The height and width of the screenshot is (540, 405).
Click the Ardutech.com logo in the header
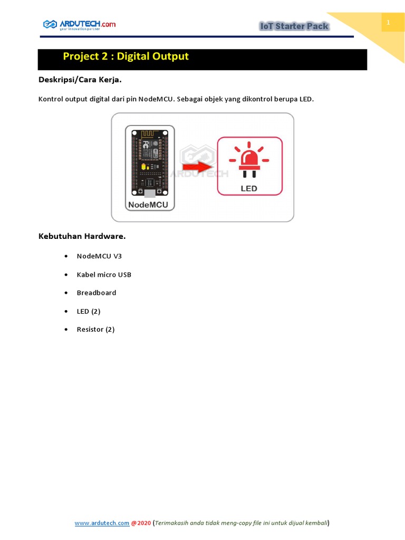(79, 24)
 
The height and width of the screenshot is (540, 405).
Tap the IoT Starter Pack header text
(294, 26)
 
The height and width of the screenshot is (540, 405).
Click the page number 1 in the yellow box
(389, 23)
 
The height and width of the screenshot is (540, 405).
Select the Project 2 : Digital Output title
(126, 56)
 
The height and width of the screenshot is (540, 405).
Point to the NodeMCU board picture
(150, 161)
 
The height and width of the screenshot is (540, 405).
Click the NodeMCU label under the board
(150, 204)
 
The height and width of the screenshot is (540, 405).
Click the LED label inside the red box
(249, 188)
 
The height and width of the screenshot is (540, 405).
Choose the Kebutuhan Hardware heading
(82, 236)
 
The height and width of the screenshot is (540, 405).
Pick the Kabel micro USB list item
(104, 275)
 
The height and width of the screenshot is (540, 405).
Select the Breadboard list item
(97, 293)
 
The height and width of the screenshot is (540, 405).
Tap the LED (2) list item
(89, 311)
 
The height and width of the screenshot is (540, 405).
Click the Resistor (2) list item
(95, 330)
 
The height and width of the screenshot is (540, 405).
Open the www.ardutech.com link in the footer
(102, 523)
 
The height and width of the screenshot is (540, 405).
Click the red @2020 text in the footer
(141, 523)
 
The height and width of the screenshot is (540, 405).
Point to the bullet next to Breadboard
(65, 293)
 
